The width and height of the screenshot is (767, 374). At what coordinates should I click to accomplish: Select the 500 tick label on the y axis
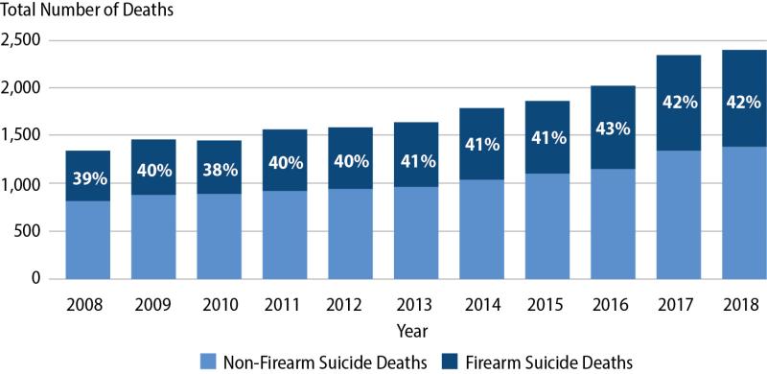coord(32,231)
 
